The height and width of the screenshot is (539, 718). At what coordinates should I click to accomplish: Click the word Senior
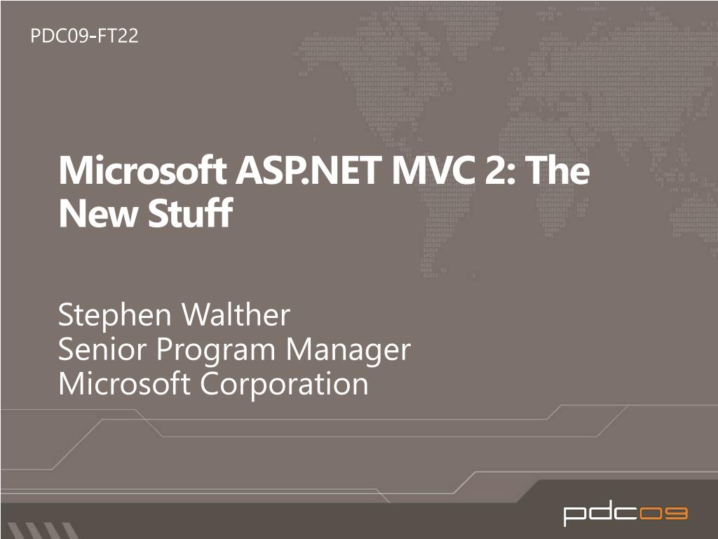[x=99, y=349]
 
